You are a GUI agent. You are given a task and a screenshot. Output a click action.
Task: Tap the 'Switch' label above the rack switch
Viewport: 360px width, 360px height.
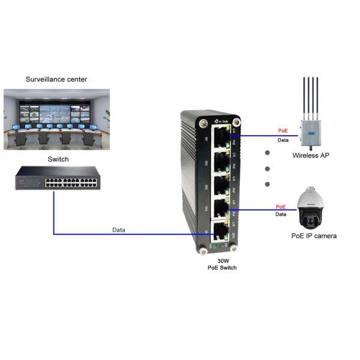tap(58, 160)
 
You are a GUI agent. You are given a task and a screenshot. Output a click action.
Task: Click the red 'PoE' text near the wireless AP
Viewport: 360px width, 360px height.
tap(283, 130)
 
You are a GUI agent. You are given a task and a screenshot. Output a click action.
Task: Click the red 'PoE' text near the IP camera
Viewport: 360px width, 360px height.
tap(281, 206)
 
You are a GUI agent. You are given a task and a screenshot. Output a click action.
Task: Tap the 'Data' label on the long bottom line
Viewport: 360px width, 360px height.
tap(119, 230)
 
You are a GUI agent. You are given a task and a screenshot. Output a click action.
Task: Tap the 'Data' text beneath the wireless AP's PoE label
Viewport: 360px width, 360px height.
tap(283, 140)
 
